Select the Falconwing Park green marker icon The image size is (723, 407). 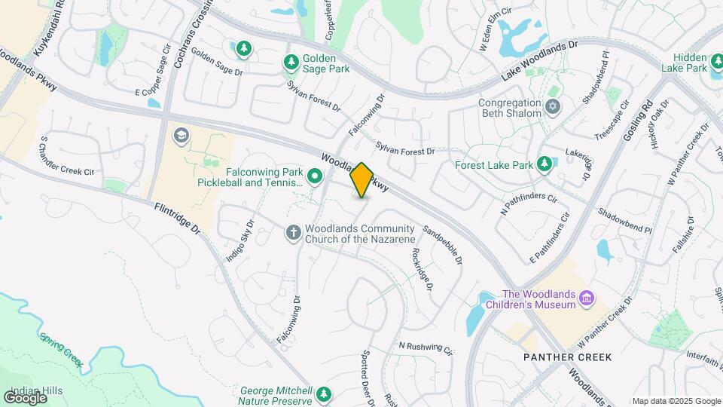315,177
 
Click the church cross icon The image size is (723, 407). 294,233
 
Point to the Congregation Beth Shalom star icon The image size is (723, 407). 554,107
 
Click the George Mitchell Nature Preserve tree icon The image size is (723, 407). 324,394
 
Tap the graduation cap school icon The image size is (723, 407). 180,136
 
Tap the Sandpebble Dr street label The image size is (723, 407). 443,245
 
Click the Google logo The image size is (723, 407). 25,397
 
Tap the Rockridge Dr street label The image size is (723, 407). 420,271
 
